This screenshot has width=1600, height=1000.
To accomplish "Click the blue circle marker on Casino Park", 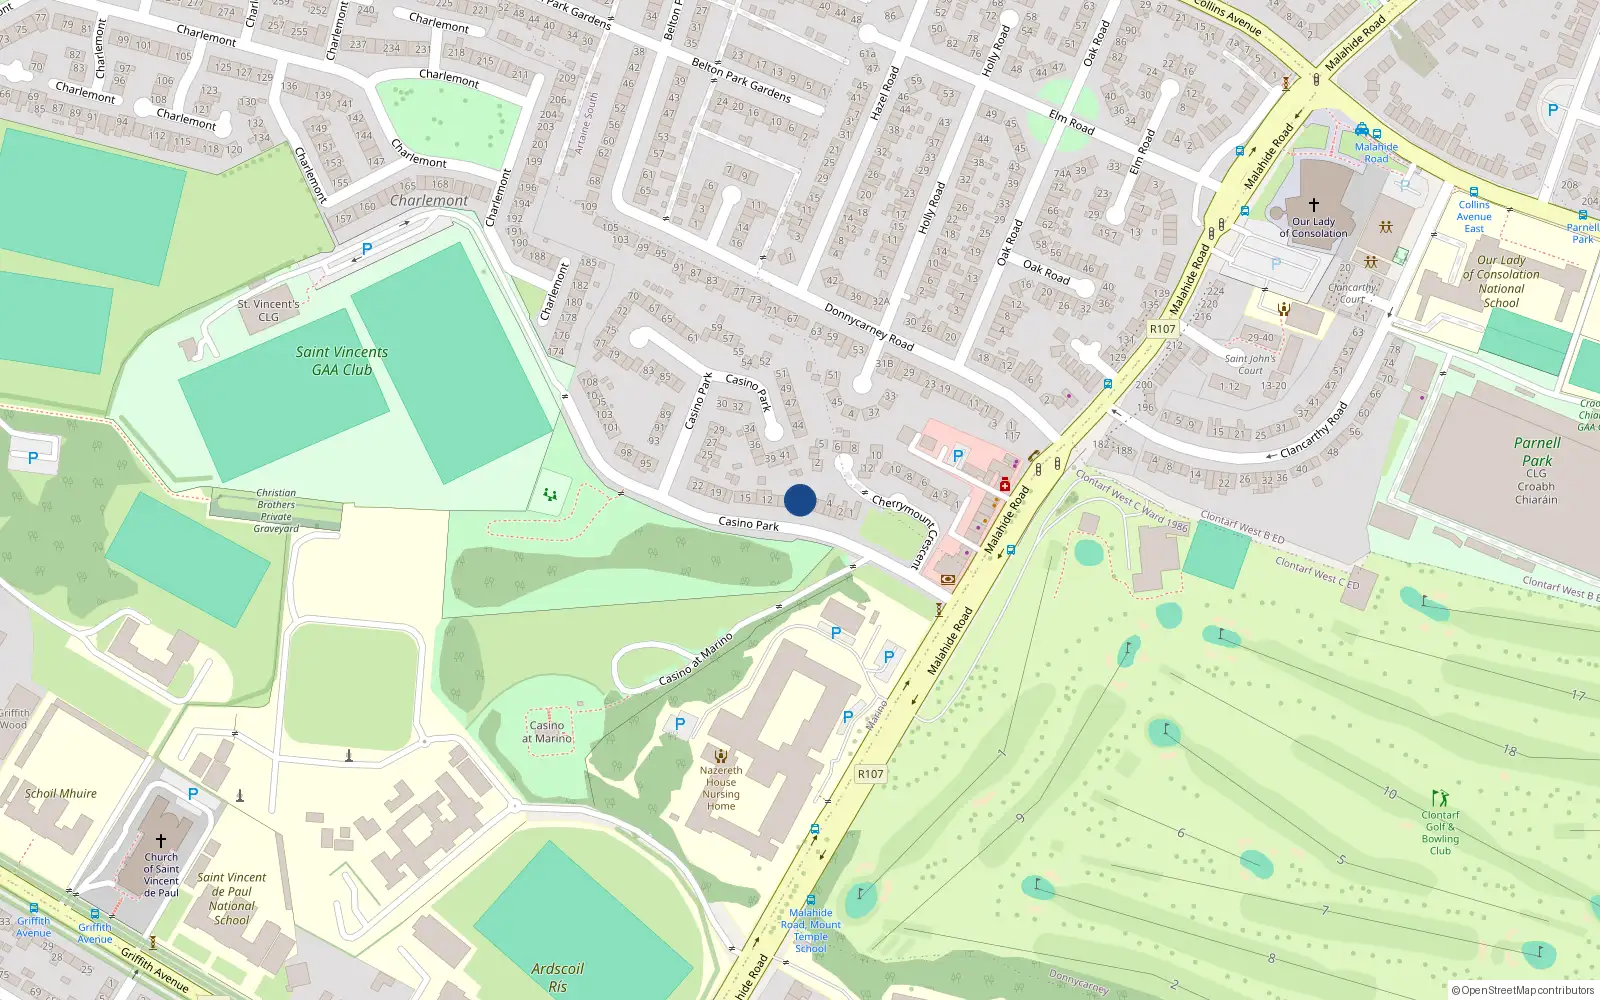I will coord(800,500).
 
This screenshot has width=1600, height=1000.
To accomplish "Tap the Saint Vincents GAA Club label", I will coord(341,361).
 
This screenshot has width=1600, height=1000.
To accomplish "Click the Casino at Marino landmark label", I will coord(547,732).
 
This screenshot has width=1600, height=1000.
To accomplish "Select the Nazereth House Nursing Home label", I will coord(721,788).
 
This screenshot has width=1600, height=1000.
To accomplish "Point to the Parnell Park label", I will coord(1536,452).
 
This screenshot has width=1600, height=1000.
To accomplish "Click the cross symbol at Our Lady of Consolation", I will coord(1314,204).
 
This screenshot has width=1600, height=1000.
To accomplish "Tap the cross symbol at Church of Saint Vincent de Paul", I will coord(160,841).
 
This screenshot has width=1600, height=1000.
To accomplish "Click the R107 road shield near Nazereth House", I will coord(870,774).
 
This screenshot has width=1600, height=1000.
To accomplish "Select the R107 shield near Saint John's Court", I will coord(1162,329).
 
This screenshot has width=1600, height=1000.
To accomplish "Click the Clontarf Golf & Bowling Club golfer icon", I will coord(1440,798).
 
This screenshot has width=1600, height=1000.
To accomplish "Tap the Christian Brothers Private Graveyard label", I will coord(276,510).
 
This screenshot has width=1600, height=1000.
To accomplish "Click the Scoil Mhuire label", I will coord(61,794).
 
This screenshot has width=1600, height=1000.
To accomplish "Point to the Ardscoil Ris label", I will coord(557,977).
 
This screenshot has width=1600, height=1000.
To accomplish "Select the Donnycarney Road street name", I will coord(868,327).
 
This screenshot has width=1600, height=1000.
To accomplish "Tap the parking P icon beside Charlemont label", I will coord(367,249).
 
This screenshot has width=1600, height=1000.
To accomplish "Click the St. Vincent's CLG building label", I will coord(268,310).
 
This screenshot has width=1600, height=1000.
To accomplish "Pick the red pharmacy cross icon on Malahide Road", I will coord(1005,485).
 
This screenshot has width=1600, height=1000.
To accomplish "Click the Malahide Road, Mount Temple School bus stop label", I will coord(810,930).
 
